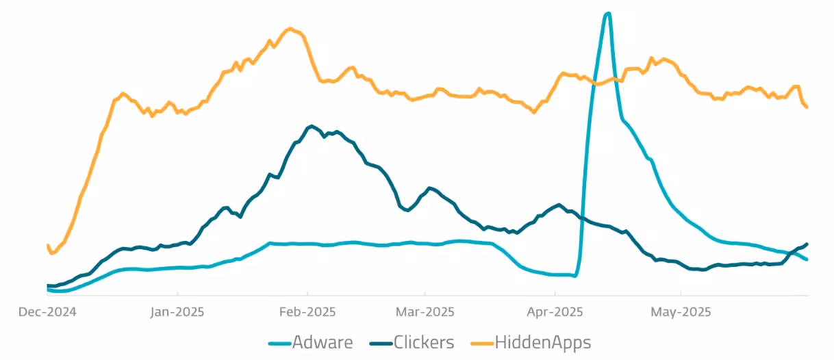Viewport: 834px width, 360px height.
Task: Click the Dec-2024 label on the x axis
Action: pos(47,312)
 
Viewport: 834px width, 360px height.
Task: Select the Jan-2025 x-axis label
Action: pos(177,312)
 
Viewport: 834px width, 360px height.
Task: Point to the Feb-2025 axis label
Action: pos(308,312)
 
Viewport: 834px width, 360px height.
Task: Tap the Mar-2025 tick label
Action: pos(425,312)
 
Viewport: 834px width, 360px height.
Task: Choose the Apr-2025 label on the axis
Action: pos(555,312)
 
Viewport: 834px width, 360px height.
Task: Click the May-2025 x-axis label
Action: pos(681,312)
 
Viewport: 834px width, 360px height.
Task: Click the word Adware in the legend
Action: pos(323,342)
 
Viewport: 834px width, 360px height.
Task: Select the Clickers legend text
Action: pos(424,342)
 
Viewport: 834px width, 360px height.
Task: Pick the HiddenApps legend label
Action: pos(543,342)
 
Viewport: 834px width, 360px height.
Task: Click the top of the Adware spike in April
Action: pos(607,13)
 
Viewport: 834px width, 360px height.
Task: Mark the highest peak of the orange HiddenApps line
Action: pos(290,28)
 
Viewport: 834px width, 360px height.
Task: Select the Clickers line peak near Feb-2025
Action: pos(312,126)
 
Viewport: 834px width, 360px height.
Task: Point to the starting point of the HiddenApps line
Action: pos(47,245)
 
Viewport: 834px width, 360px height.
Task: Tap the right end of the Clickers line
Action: pos(807,244)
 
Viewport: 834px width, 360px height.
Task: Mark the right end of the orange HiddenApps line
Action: pos(807,107)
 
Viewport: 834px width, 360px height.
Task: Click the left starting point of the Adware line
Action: pos(47,290)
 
